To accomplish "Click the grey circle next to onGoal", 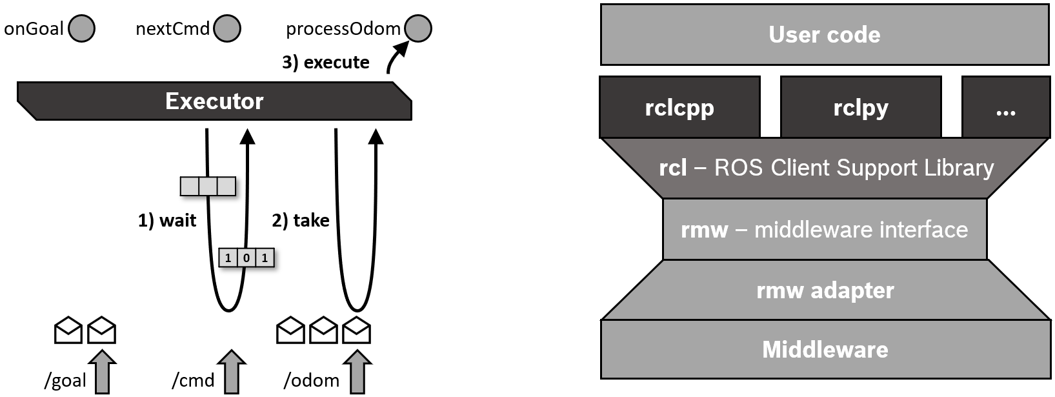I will point(82,29).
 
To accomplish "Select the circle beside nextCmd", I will point(227,29).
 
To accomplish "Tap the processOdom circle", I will point(418,29).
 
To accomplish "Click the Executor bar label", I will point(214,101).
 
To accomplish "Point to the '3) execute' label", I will point(326,63).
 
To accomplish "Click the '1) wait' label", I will point(167,221).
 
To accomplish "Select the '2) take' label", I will point(301,221).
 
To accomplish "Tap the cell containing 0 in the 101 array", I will point(246,258).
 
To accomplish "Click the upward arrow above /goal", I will point(102,372).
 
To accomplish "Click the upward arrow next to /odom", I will point(357,372).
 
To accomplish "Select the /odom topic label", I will point(312,381).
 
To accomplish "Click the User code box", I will point(824,35).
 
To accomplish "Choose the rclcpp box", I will point(679,107).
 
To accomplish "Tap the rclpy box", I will point(861,107).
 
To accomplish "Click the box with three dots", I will point(1005,107).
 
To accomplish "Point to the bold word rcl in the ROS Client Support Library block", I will point(672,168).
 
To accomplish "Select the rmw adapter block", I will point(825,290).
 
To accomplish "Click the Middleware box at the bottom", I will point(825,349).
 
